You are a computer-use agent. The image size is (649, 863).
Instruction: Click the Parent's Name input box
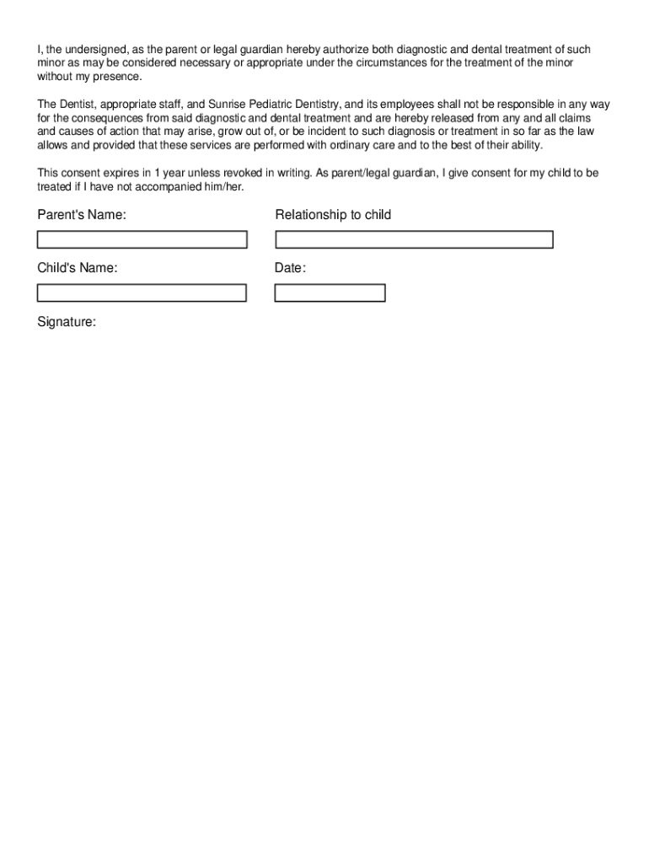(x=142, y=240)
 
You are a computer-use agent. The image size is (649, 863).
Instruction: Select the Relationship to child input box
(x=414, y=240)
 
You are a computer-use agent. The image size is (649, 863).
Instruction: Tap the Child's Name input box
(x=142, y=293)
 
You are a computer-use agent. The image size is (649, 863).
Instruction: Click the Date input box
(x=330, y=293)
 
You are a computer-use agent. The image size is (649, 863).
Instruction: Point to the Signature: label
(x=67, y=322)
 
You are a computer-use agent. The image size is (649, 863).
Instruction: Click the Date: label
(x=290, y=269)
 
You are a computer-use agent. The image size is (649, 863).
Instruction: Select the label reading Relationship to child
(x=333, y=216)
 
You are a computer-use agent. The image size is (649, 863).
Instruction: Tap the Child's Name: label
(x=78, y=269)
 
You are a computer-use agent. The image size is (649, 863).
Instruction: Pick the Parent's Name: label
(x=82, y=216)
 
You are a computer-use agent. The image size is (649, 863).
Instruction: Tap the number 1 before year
(x=157, y=174)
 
